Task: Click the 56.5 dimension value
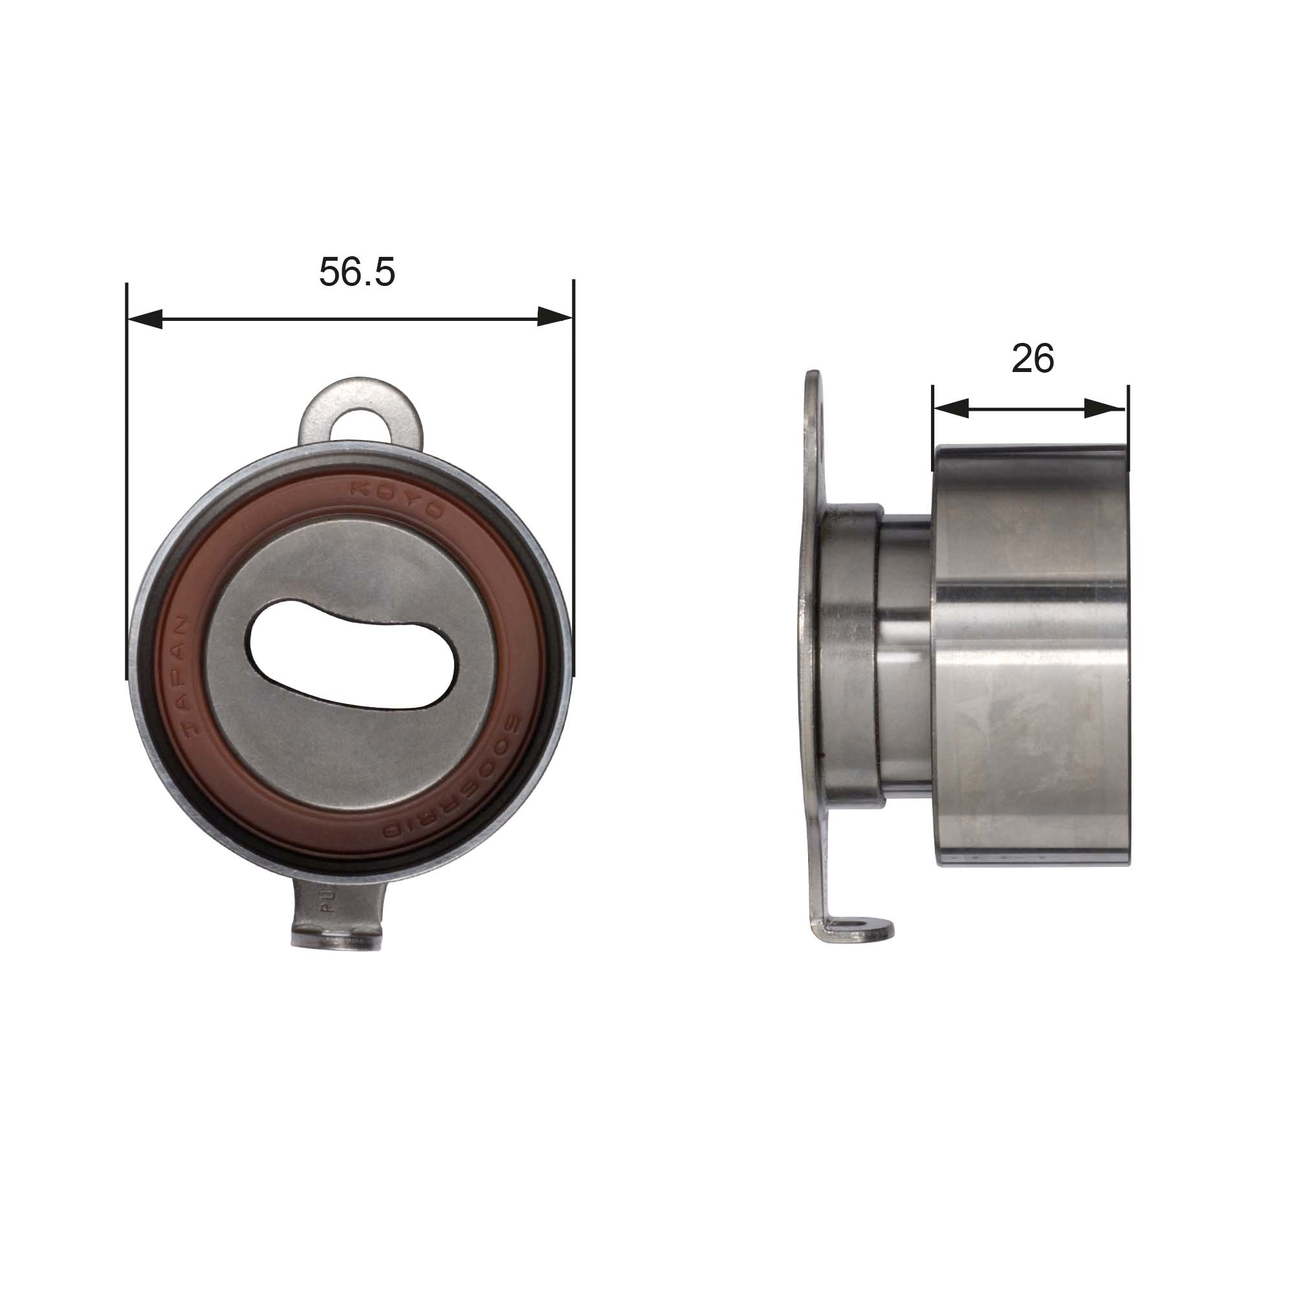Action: coord(357,272)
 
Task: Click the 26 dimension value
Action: coord(1032,359)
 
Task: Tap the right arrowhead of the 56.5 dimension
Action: coord(554,318)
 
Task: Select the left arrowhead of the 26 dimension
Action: coord(951,408)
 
